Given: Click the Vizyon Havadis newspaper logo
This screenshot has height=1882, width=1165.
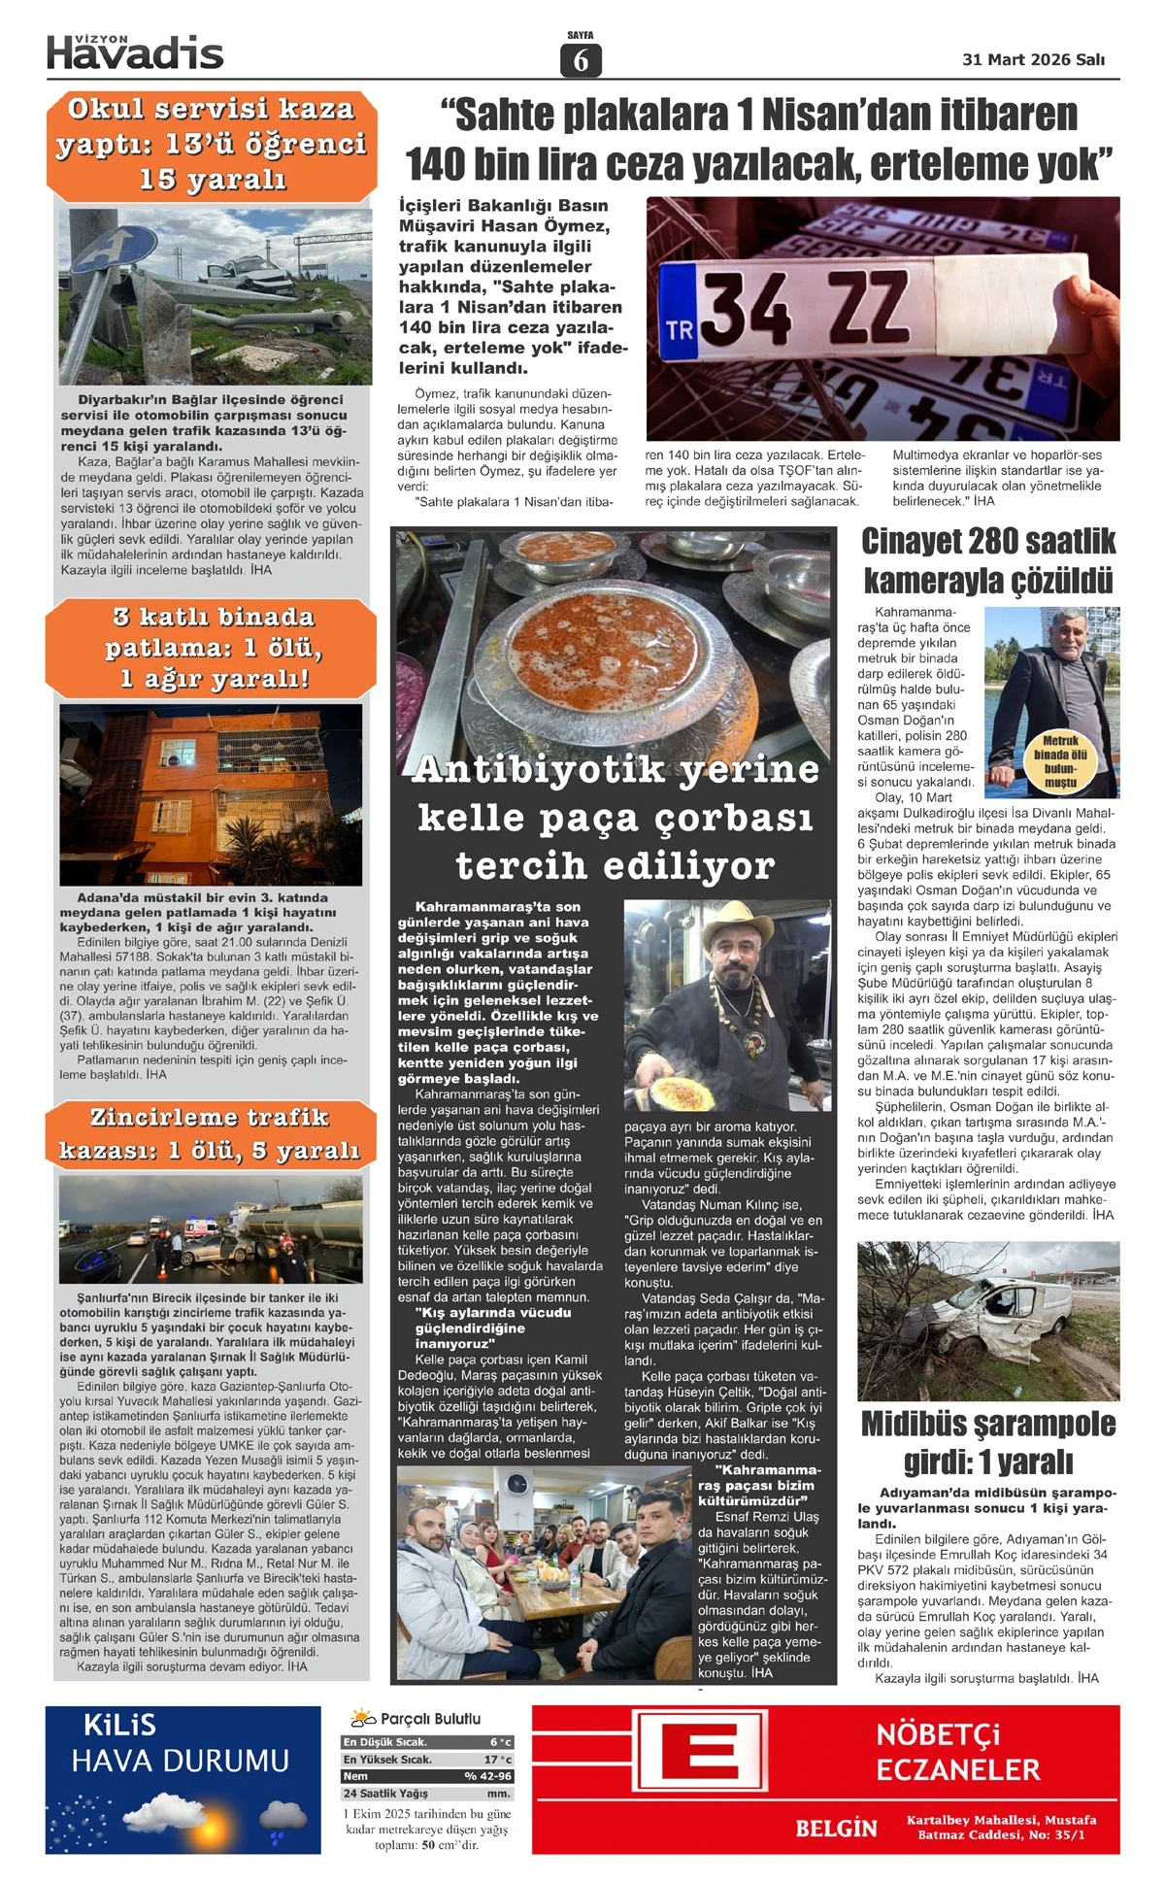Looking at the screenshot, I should pyautogui.click(x=135, y=52).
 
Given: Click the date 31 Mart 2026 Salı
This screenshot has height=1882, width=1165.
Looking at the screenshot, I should pyautogui.click(x=1033, y=59).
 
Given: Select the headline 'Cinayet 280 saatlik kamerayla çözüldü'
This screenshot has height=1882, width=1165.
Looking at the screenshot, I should pyautogui.click(x=988, y=561).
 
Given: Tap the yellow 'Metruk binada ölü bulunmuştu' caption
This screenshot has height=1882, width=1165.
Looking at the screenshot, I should pyautogui.click(x=1060, y=760).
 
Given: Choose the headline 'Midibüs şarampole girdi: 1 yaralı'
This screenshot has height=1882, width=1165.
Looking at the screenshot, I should pyautogui.click(x=988, y=1442).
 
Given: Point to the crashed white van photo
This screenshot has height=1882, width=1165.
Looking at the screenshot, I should pyautogui.click(x=988, y=1320).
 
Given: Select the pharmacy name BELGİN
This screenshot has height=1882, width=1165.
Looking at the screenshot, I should pyautogui.click(x=836, y=1828).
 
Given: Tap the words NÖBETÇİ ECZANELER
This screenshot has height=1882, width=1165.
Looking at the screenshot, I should pyautogui.click(x=957, y=1752).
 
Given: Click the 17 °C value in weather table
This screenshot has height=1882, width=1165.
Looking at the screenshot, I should pyautogui.click(x=498, y=1759).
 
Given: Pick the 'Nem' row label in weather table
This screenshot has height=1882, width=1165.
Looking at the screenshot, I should pyautogui.click(x=355, y=1775).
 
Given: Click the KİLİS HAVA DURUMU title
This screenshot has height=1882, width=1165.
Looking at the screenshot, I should pyautogui.click(x=181, y=1745).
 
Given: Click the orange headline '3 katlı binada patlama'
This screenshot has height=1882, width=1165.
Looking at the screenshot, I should pyautogui.click(x=212, y=647).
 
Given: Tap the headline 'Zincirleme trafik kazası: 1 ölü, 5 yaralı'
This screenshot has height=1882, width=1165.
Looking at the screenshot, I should pyautogui.click(x=210, y=1133).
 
